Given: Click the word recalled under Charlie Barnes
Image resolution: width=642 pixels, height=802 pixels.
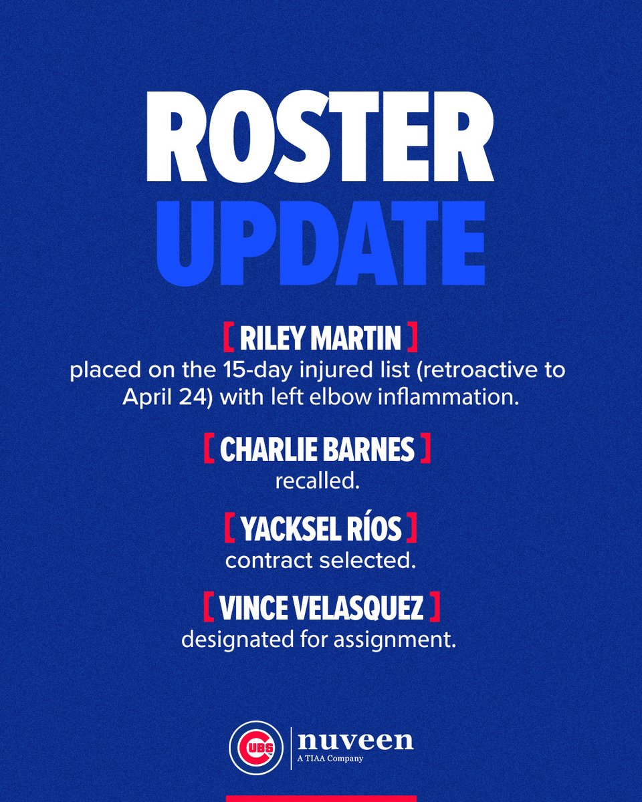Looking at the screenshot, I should pos(318,481).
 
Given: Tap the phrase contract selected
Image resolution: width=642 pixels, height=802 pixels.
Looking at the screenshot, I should pos(320,560).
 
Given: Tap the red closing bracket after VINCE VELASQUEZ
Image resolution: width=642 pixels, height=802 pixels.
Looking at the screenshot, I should pos(435,609).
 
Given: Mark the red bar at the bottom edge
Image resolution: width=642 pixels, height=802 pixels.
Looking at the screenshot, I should pos(321,797).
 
